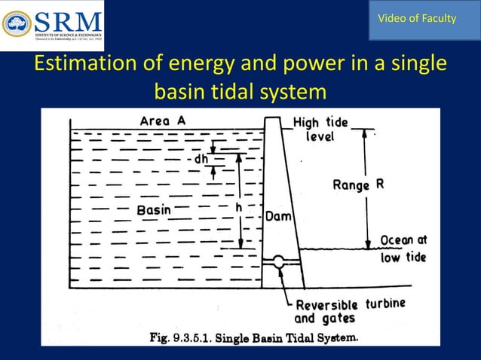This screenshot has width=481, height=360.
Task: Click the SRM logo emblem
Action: [x=17, y=24]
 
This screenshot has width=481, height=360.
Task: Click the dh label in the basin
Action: [x=201, y=159]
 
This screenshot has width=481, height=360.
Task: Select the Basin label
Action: [x=154, y=210]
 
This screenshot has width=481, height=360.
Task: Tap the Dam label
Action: [x=279, y=216]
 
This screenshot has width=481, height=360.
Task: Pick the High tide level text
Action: [x=320, y=130]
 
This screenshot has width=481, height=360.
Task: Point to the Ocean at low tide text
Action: [x=403, y=248]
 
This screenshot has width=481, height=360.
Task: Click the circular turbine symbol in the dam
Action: [x=278, y=262]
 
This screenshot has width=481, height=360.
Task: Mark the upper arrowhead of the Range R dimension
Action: [x=367, y=134]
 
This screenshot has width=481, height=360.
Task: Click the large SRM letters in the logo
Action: [x=66, y=20]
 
